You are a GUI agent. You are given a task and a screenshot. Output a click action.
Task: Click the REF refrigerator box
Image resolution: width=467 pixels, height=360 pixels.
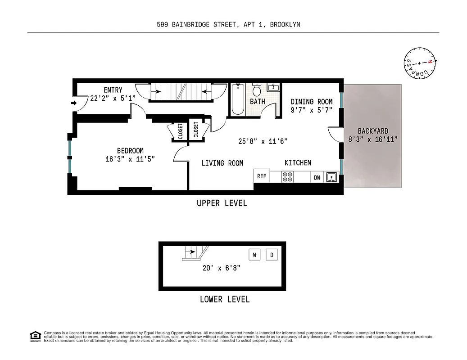(262, 176)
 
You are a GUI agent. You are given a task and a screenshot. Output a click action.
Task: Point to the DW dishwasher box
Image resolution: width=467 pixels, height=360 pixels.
(317, 177)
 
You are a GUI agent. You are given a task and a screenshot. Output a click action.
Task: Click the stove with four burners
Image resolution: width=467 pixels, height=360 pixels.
(287, 177)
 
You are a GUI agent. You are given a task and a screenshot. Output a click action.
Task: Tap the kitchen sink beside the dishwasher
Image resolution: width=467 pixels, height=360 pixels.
(331, 177)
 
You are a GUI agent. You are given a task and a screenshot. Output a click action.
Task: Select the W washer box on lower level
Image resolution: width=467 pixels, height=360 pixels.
(254, 255)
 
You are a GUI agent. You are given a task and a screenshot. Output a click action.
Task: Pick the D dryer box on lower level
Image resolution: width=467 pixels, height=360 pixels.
(272, 255)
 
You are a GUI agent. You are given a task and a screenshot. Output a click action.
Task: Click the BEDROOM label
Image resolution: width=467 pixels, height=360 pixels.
(130, 151)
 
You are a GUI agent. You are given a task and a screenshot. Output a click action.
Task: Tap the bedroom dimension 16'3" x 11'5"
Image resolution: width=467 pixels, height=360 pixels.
(130, 159)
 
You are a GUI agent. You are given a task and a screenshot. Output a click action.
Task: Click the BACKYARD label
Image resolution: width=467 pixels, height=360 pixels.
(373, 131)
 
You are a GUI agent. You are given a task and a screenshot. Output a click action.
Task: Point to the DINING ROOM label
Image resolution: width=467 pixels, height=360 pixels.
(312, 102)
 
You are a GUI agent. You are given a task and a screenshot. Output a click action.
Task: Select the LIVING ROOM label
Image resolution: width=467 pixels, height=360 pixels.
(222, 163)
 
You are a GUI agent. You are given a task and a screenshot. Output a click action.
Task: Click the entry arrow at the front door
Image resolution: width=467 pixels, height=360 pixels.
(74, 104)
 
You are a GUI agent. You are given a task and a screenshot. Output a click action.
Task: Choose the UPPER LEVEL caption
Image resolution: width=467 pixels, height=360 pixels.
(222, 203)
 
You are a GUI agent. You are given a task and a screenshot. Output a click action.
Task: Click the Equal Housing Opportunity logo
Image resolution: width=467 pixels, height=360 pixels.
(35, 336)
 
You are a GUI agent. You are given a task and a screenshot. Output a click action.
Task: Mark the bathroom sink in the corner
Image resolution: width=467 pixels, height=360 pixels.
(273, 88)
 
